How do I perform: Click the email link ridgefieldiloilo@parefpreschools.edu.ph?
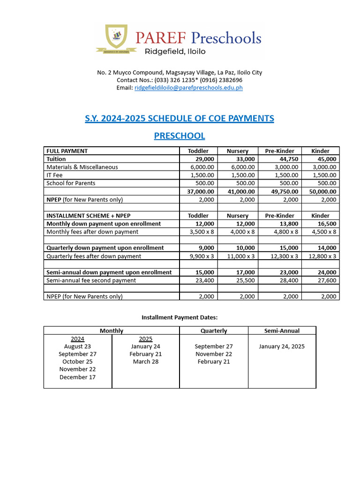pyautogui.click(x=188, y=88)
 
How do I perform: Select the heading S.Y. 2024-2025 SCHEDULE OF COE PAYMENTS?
pyautogui.click(x=180, y=119)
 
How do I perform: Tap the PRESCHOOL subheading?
pyautogui.click(x=180, y=136)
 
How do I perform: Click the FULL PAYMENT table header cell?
pyautogui.click(x=67, y=151)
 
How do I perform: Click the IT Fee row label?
pyautogui.click(x=54, y=175)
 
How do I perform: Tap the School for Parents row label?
pyautogui.click(x=71, y=183)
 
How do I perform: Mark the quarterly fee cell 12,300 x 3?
pyautogui.click(x=280, y=256)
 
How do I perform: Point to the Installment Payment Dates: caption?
pyautogui.click(x=180, y=318)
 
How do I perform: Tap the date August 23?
pyautogui.click(x=77, y=346)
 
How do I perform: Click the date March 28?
pyautogui.click(x=146, y=362)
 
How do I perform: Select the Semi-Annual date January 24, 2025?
pyautogui.click(x=282, y=346)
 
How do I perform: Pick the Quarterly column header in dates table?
pyautogui.click(x=214, y=330)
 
